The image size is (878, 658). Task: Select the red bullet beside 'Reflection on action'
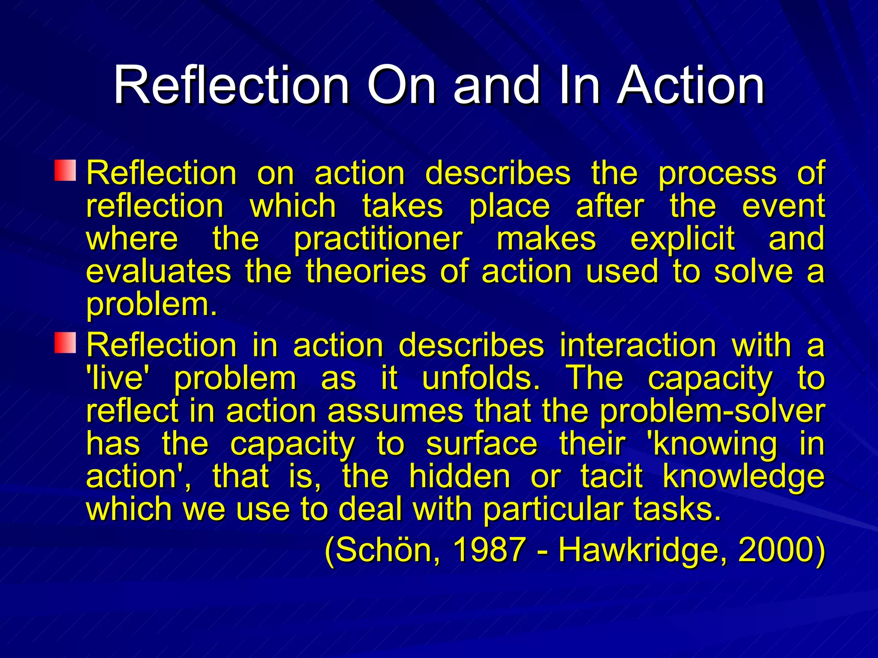[65, 170]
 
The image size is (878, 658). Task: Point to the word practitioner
[378, 239]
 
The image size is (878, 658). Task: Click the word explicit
[682, 239]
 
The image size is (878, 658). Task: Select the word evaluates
[158, 272]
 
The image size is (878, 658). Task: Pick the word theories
[366, 272]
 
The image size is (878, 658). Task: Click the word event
[783, 206]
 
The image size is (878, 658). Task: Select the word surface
[481, 444]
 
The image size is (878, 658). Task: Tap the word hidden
[460, 476]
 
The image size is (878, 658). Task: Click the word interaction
[638, 345]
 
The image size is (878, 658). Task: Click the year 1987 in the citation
[489, 550]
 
